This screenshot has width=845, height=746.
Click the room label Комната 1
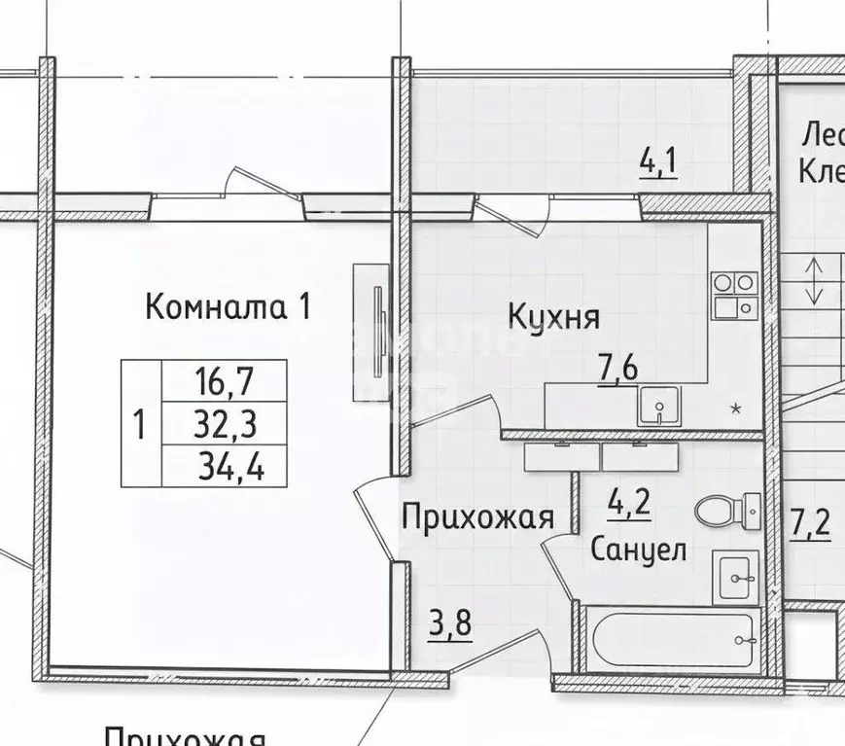[229, 308]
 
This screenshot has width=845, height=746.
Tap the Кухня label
[553, 316]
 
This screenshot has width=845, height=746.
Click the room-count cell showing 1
[139, 424]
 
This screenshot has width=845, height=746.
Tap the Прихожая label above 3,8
[477, 516]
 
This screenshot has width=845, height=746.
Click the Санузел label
[639, 550]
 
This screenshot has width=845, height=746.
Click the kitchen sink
[659, 406]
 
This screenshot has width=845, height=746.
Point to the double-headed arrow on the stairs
[814, 278]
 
